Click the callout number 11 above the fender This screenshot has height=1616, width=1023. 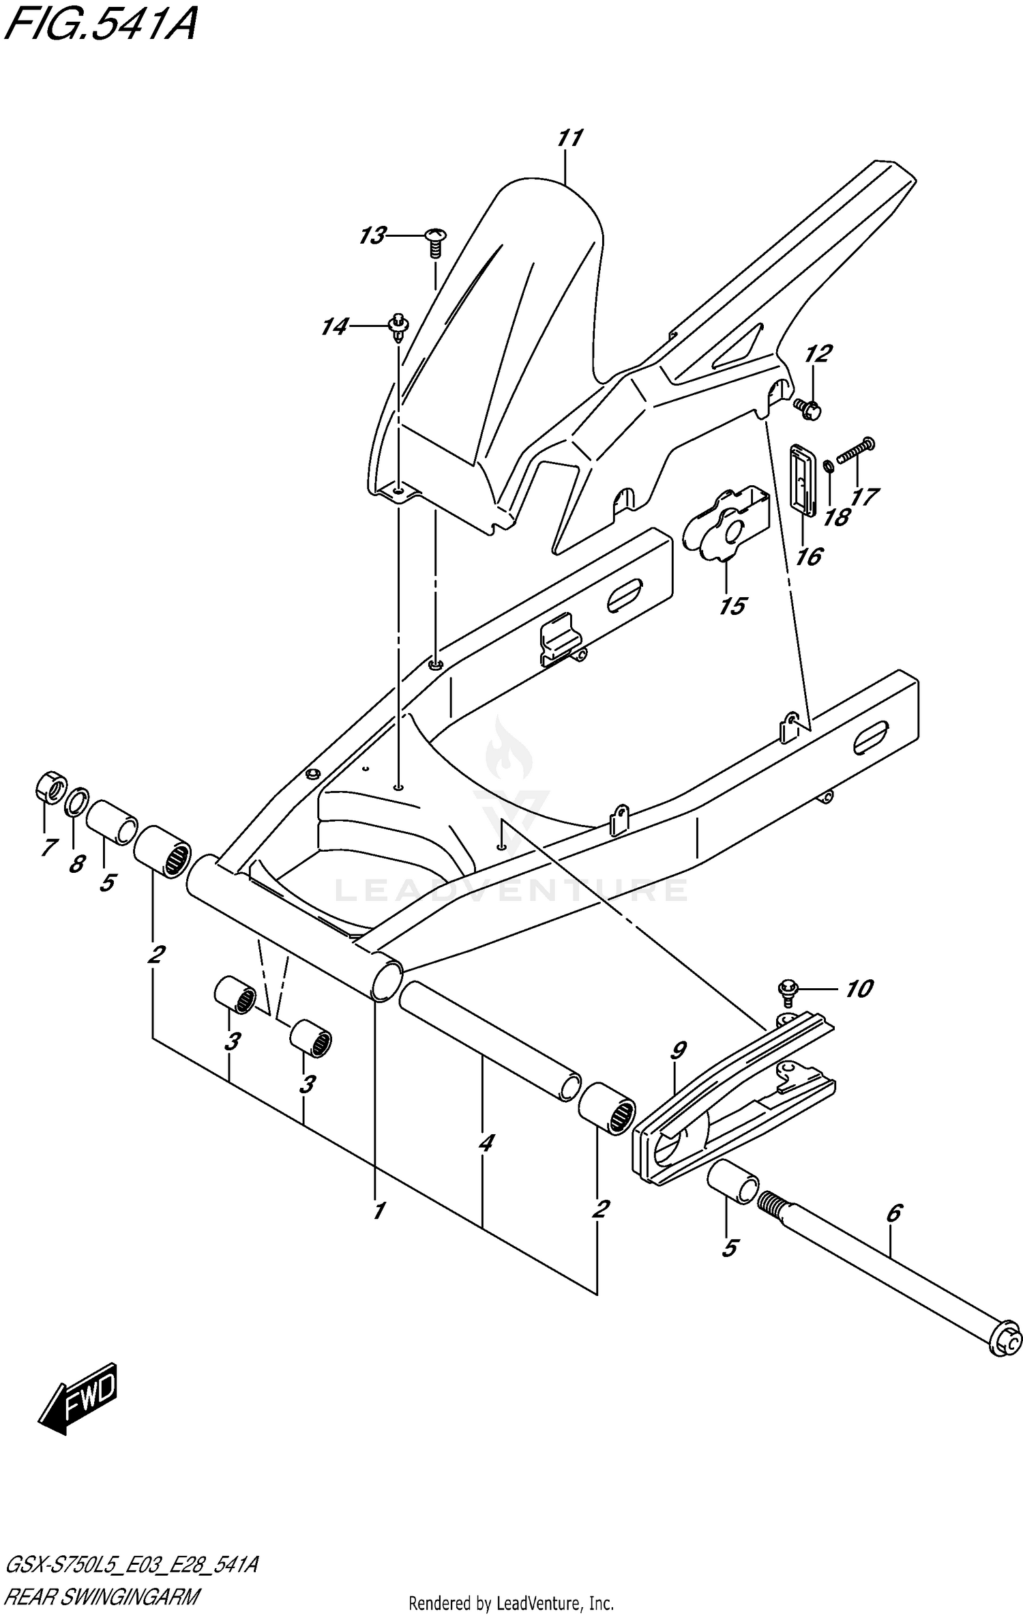pyautogui.click(x=569, y=139)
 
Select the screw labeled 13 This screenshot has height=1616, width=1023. pyautogui.click(x=434, y=242)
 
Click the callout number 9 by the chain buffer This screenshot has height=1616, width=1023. pyautogui.click(x=678, y=1051)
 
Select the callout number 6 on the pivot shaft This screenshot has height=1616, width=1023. pyautogui.click(x=894, y=1213)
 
